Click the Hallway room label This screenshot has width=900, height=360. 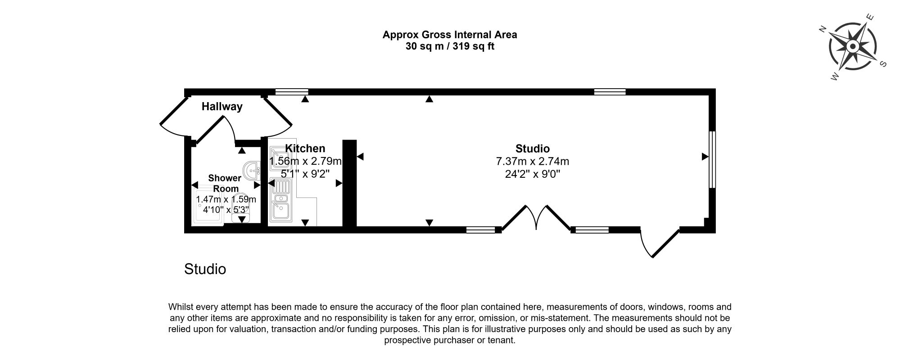[x=222, y=107]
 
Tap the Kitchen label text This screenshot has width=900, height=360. [x=305, y=148]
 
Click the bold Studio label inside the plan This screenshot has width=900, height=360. [x=532, y=148]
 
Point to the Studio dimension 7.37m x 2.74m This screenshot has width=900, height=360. [x=532, y=161]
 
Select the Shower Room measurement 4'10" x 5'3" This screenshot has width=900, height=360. [x=226, y=210]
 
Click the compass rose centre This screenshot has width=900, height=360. [x=853, y=46]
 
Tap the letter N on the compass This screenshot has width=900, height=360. [x=823, y=30]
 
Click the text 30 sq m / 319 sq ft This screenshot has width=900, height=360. [x=450, y=46]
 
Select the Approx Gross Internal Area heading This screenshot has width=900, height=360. [x=450, y=35]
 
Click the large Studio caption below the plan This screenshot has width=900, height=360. [x=205, y=269]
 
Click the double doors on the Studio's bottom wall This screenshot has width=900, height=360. [x=536, y=219]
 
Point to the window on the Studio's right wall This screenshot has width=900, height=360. [x=712, y=159]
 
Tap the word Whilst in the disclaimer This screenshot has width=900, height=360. [x=180, y=307]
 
